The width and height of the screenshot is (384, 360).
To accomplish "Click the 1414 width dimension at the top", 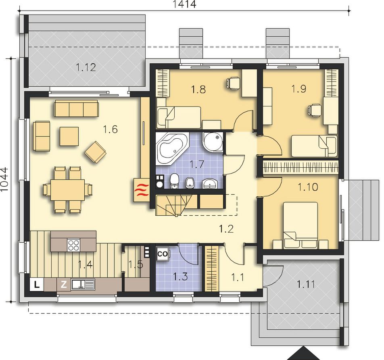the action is pos(184,4).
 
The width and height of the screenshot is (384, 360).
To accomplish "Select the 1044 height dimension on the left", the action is pos(4,180).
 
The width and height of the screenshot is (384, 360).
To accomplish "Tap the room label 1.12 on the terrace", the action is pos(86,67).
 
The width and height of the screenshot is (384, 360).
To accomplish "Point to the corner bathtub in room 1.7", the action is pos(172,148).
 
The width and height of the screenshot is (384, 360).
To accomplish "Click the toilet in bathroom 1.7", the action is pos(174,181).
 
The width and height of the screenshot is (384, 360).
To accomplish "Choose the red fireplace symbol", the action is pos(142,190).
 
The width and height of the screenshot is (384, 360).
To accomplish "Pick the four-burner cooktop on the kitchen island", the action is pos(74,245).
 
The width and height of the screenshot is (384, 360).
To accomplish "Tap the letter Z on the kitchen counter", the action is pos(64,284).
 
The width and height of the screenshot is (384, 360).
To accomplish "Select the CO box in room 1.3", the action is pos(163,254).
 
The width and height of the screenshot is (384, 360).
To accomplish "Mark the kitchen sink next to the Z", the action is pos(83,285).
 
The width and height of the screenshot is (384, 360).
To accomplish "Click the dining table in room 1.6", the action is pos(67,190).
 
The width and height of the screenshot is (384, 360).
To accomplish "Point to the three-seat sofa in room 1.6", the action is pos(76,108).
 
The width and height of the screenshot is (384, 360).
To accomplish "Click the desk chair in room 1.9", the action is pos(315,110).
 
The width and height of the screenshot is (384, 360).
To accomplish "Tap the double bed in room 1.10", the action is pos(301,225).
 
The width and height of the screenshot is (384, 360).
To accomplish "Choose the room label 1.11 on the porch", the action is pos(306,284).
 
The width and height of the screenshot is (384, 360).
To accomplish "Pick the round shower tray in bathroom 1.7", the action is pos(213,142).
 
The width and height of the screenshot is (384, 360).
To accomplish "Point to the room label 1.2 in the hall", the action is pos(226,229).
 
